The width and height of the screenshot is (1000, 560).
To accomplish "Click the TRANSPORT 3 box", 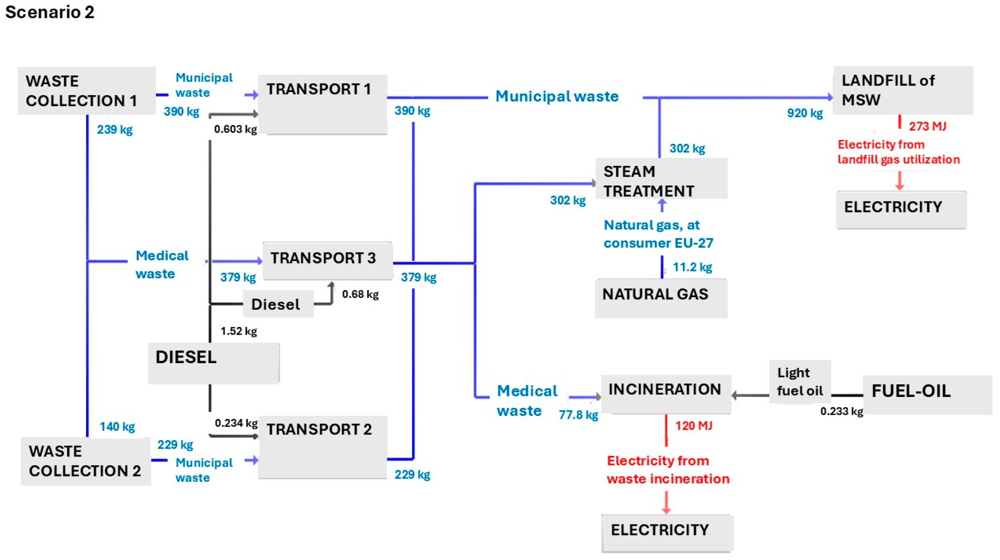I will (327, 260).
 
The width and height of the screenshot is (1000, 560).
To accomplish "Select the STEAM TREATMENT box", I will (661, 179).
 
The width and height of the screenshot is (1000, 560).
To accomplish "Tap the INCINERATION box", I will (665, 393).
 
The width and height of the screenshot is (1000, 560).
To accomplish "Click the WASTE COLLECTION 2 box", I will (85, 461).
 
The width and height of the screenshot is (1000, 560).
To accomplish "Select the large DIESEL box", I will (213, 363).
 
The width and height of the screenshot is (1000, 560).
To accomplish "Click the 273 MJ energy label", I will (927, 126).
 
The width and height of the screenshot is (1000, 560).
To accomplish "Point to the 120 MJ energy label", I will (693, 426).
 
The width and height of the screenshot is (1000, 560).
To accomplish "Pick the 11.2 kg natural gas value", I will (692, 267).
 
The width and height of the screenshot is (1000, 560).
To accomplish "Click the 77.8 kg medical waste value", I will (578, 415).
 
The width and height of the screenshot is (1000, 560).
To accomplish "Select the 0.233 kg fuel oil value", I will (841, 411).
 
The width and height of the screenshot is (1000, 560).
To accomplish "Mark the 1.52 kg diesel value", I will (238, 331).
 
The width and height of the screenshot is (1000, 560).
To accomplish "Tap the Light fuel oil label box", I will (800, 382).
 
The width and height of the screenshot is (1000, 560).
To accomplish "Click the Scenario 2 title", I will (50, 12).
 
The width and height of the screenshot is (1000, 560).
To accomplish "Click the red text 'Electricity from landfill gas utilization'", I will (898, 152).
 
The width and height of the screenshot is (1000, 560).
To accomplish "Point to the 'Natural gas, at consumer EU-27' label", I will (658, 234).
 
